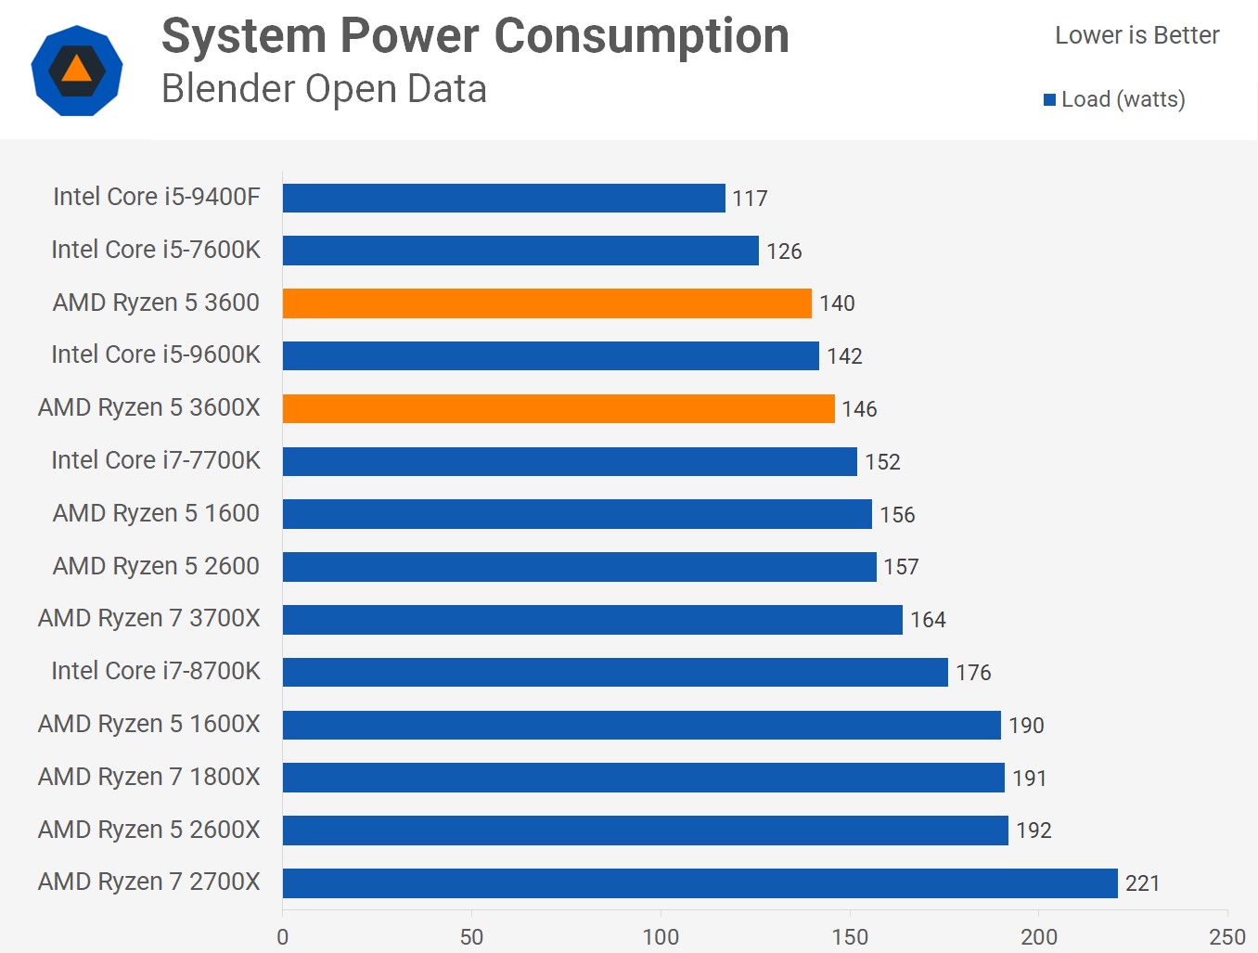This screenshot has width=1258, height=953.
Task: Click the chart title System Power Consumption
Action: point(475,37)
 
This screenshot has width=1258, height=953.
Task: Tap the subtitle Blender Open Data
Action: point(324,89)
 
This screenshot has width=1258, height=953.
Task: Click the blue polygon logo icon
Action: point(77,71)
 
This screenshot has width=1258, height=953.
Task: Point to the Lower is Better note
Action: point(1136,35)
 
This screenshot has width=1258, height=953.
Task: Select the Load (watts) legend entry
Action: point(1114,99)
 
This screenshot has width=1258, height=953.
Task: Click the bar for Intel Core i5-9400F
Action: point(504,198)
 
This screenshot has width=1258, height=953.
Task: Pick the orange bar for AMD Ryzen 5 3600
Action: point(546,303)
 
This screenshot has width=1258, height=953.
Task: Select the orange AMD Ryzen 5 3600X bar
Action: point(558,408)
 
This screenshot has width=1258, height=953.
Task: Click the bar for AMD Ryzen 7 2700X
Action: point(700,882)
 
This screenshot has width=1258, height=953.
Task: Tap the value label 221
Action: point(1142,883)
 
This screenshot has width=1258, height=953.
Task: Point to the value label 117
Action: point(750,199)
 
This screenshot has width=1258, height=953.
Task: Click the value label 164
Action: point(928,620)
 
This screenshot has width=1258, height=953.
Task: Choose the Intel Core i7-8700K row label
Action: point(156,671)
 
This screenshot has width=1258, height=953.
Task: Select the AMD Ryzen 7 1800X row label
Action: point(149,777)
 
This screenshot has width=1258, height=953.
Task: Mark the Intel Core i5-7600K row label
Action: point(156,250)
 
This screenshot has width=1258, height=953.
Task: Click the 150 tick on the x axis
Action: point(850,936)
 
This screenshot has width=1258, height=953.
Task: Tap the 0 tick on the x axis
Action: point(283,936)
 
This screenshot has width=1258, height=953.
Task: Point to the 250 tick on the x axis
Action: point(1227,936)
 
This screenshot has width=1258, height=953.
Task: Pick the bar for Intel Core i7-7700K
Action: point(570,461)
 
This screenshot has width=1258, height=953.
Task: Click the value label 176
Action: point(973,673)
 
